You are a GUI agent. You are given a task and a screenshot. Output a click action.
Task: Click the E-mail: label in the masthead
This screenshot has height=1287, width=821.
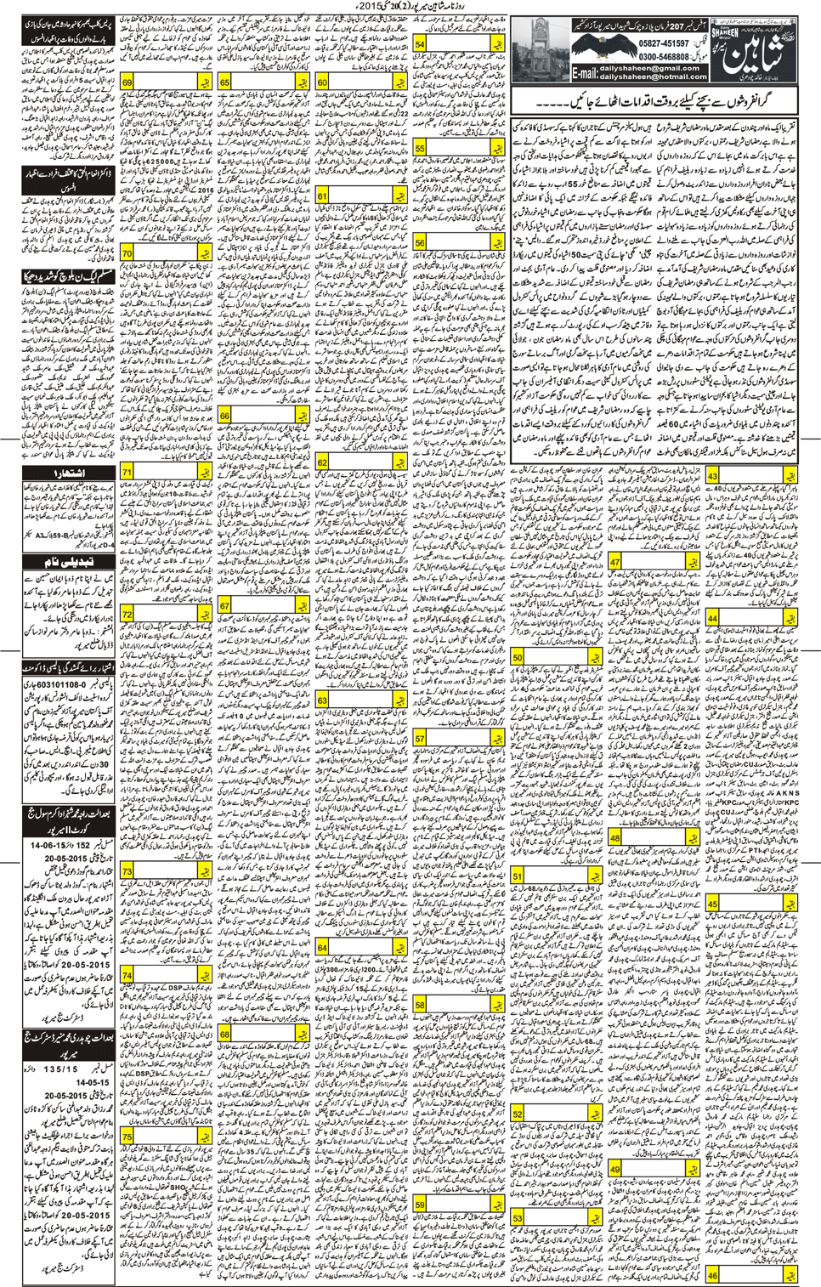(x=584, y=73)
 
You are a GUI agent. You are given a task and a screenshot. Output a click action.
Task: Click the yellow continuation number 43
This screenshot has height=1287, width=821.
(x=713, y=477)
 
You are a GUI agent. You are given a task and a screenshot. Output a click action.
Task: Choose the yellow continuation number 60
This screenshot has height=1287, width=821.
(x=322, y=82)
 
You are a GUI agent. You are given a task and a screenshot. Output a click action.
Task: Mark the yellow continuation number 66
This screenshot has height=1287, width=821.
(x=224, y=416)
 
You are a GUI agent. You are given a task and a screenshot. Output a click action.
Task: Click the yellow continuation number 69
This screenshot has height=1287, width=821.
(x=127, y=82)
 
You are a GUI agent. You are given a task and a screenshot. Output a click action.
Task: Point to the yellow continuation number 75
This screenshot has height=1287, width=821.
(x=127, y=1137)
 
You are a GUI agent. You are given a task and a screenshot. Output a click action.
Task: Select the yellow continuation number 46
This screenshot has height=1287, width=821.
(x=712, y=1275)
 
